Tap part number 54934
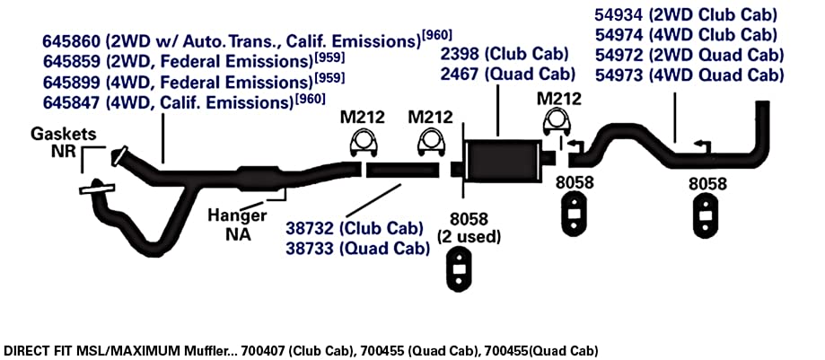click(x=619, y=14)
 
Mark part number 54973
click(x=619, y=75)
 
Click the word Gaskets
click(x=64, y=134)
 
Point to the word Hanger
click(x=237, y=215)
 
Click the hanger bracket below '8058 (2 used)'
click(x=461, y=269)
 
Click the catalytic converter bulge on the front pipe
click(x=258, y=175)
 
